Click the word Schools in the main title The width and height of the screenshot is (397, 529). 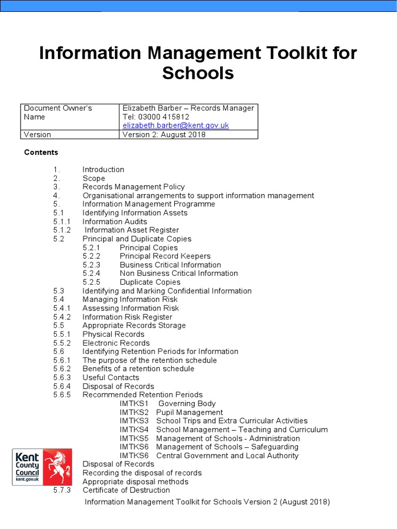[x=198, y=73]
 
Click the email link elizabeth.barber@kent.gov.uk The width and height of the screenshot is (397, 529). [x=175, y=126]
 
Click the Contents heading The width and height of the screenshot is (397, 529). [x=42, y=152]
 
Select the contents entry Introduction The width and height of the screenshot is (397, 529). [x=103, y=169]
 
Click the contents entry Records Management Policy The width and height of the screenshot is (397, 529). [x=133, y=187]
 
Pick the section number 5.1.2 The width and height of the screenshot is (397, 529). [x=62, y=230]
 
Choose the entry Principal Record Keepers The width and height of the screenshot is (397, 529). [x=165, y=256]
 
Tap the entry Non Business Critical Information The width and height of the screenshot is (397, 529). [x=179, y=274]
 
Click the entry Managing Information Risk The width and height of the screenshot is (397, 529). [x=130, y=300]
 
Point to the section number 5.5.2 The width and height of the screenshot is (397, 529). [x=62, y=343]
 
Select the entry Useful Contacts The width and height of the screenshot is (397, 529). [x=111, y=378]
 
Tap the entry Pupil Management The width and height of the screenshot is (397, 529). [x=189, y=413]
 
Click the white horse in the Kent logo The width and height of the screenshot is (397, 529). [x=57, y=464]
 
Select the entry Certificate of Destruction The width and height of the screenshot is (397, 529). [x=126, y=490]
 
